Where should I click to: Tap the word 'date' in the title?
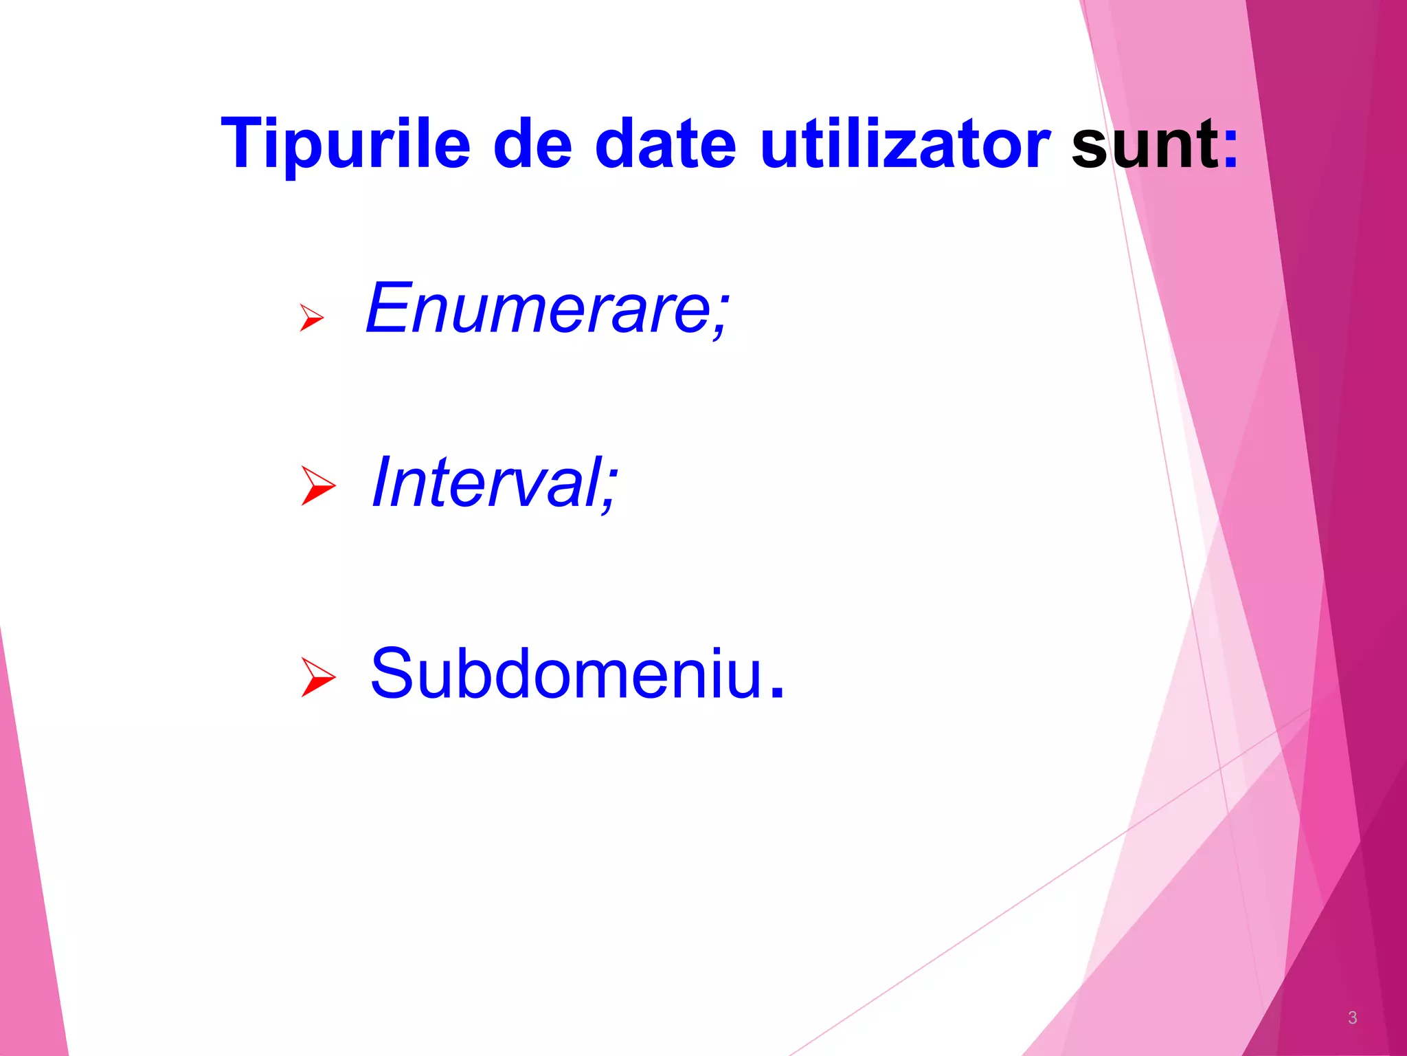point(665,143)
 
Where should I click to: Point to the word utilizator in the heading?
point(905,143)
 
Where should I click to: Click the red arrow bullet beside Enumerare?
point(311,317)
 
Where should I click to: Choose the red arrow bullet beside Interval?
point(317,485)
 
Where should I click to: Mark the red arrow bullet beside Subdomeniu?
point(317,676)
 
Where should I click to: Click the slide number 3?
point(1352,1017)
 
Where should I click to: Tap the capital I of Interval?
point(382,483)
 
